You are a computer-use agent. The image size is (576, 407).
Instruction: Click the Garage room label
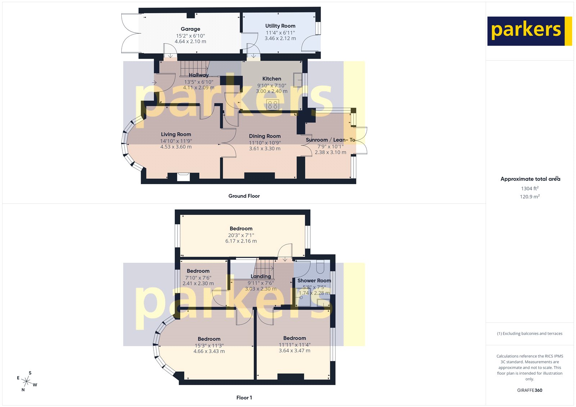coord(190,29)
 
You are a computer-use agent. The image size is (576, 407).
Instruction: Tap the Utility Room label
coord(280,26)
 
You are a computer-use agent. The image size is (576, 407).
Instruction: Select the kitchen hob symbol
coord(273,105)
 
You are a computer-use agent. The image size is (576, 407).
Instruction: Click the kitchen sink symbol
coord(298,80)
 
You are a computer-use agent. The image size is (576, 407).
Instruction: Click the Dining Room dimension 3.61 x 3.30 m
coord(265,149)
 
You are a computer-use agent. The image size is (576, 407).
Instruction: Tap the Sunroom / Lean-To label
coord(330,140)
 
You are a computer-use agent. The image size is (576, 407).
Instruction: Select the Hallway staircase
coord(194,68)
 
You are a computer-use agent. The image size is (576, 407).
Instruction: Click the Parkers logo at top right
coord(529,31)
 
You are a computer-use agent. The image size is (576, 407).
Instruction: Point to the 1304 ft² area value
coord(530,188)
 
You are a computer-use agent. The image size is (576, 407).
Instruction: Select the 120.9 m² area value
coord(530,196)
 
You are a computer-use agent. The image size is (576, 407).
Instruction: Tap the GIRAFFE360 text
coord(530,390)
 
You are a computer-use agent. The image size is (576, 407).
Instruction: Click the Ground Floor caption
coord(244,196)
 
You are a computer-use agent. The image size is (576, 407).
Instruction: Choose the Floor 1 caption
coord(244,398)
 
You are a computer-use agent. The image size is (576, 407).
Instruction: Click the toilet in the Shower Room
coord(320,267)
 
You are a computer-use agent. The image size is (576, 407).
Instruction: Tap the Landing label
coord(261,276)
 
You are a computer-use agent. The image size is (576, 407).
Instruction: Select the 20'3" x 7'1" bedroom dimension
coord(241,235)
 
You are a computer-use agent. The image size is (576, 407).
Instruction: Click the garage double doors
coord(131,33)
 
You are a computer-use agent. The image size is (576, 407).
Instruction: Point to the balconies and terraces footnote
coord(530,334)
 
